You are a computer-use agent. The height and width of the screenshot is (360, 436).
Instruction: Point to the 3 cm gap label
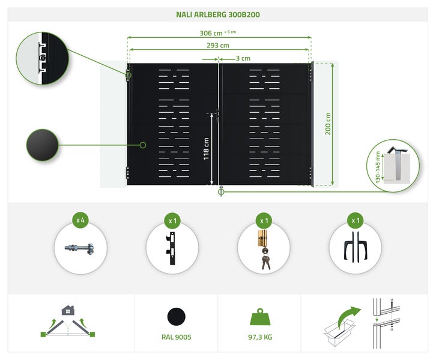coord(243,59)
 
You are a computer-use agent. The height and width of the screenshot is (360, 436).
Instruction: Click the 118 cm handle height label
coord(206,149)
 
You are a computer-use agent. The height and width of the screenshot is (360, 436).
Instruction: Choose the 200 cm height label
coord(329,124)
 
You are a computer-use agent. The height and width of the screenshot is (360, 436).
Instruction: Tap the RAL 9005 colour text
coord(177,337)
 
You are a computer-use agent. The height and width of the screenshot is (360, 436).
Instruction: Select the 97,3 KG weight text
coord(259,337)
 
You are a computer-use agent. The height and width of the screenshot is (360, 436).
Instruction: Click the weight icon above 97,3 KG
coord(259,316)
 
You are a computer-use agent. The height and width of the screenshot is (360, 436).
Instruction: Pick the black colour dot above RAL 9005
coord(177,316)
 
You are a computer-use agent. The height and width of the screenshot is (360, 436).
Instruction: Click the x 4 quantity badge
coord(80,220)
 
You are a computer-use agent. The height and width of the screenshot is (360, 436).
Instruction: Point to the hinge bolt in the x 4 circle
coord(79,248)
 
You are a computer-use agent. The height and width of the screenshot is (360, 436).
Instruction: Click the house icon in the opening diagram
coord(68,310)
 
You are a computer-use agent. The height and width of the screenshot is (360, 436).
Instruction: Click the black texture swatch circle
coord(42,145)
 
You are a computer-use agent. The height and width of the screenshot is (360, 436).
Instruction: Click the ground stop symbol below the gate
coord(220,192)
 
